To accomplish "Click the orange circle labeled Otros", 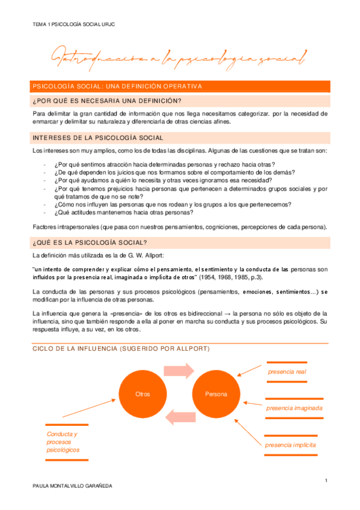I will point(143,394).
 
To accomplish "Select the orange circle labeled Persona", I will point(216,394).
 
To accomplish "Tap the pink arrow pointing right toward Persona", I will point(179,369).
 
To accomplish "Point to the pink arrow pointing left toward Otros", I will point(179,419).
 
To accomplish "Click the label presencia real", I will point(287,372).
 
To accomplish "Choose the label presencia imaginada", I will point(294,408).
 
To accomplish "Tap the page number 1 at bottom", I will point(325,479).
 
